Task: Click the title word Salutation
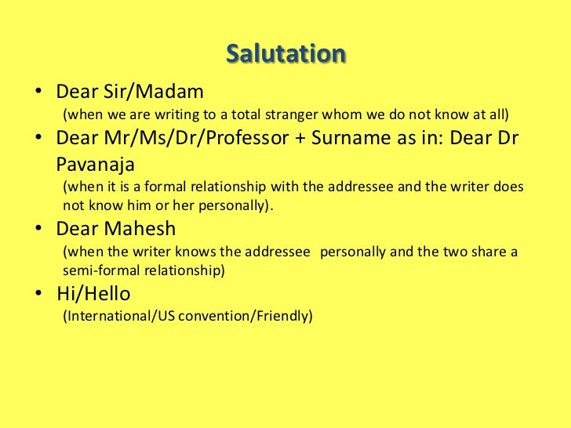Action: [285, 55]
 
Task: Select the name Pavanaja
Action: [96, 165]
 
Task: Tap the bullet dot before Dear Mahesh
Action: [38, 230]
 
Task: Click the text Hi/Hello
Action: [93, 294]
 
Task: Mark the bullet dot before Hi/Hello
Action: [38, 295]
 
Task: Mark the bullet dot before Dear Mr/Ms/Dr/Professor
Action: [38, 140]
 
